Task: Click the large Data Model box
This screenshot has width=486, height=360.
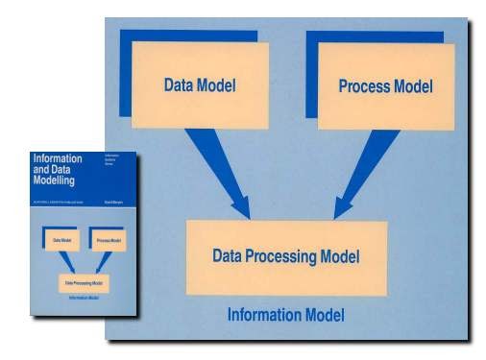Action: click(x=201, y=84)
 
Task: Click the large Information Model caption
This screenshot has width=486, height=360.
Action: click(x=285, y=315)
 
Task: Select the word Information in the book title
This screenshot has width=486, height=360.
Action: click(x=57, y=156)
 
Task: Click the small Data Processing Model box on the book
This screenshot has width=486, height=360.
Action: click(x=84, y=285)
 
